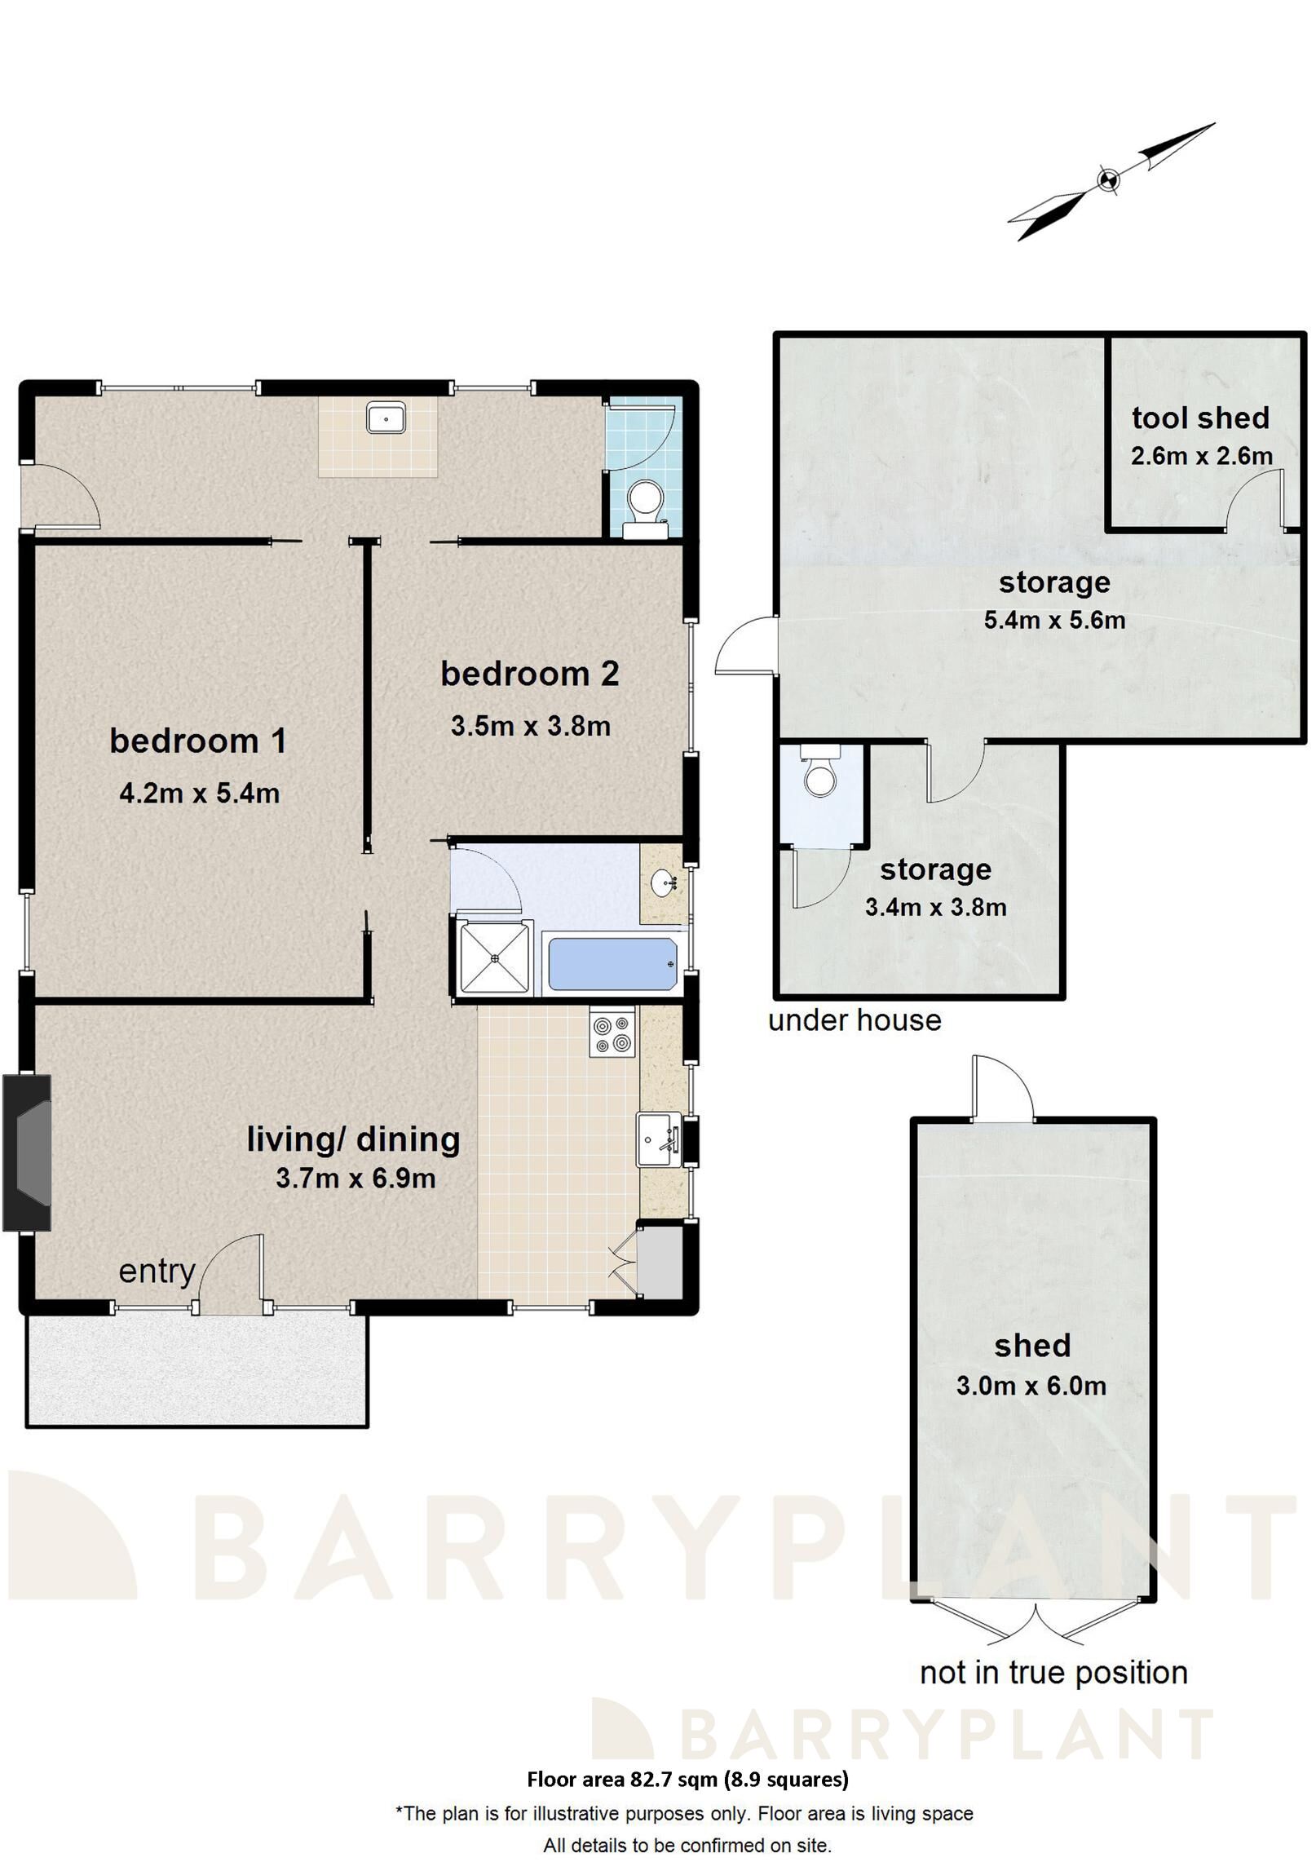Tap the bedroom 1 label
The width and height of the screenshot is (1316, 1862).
(x=198, y=741)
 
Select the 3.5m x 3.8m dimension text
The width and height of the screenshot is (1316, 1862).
(x=530, y=726)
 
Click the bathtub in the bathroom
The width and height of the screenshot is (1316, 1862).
(x=612, y=964)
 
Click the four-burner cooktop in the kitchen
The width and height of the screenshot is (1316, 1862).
(x=612, y=1034)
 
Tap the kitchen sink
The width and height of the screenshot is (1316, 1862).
(x=659, y=1139)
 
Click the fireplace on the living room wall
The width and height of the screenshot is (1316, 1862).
(x=28, y=1152)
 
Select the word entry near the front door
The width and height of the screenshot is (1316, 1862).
(x=157, y=1271)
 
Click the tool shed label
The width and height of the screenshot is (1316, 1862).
(x=1200, y=418)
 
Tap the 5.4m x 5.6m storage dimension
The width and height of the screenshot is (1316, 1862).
(x=1053, y=620)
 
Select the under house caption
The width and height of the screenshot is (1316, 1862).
(x=854, y=1020)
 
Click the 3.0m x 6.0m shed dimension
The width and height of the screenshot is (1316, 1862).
(x=1031, y=1386)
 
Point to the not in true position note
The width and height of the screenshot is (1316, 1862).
(x=1053, y=1673)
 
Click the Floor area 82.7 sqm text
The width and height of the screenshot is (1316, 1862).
(x=687, y=1779)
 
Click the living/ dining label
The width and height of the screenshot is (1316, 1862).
(x=353, y=1139)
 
